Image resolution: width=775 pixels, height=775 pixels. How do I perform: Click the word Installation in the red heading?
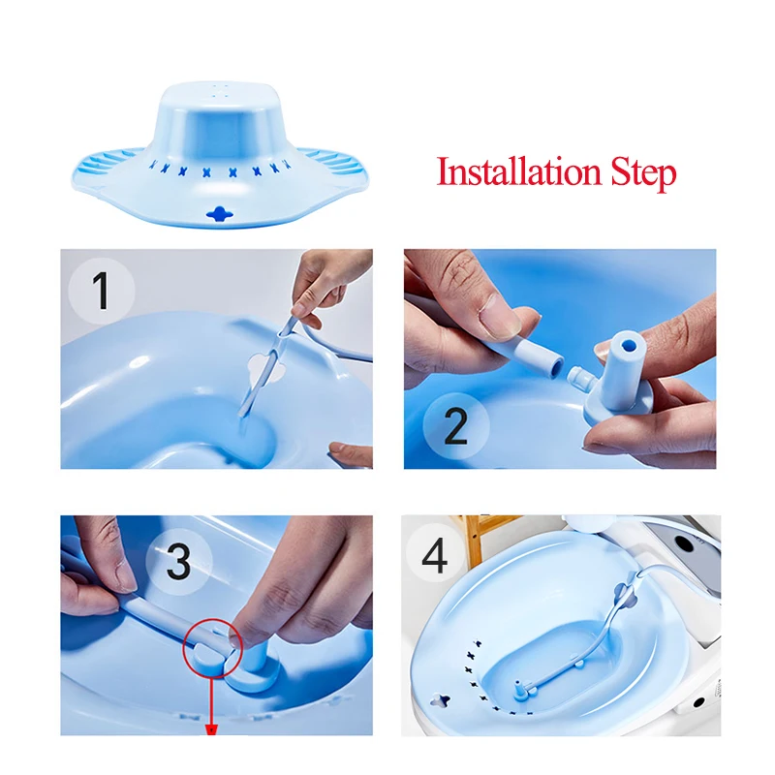(518, 172)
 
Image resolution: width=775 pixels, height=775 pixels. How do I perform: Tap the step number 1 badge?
(102, 292)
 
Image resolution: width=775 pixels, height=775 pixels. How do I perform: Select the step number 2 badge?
(455, 426)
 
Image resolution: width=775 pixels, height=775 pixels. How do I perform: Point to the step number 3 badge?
(178, 562)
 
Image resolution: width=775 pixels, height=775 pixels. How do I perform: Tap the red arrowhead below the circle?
(212, 729)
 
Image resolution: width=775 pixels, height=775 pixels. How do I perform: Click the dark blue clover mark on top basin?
(220, 214)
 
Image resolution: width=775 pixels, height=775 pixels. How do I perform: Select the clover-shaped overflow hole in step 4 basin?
(440, 700)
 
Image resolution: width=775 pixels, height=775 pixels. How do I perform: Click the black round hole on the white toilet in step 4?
(687, 544)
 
